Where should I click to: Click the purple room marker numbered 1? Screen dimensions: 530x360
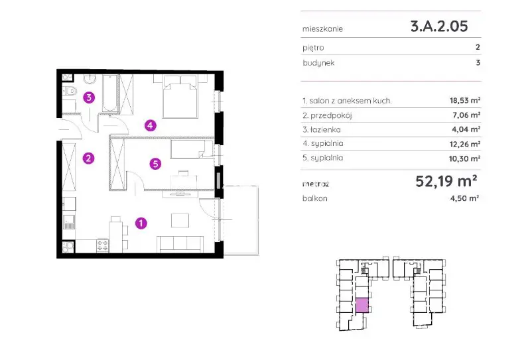[141, 223]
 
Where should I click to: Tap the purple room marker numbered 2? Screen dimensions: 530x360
[89, 158]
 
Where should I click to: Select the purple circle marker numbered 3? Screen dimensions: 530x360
[89, 97]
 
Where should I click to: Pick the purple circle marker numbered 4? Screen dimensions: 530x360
[151, 125]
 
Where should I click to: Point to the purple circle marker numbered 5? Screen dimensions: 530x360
[155, 164]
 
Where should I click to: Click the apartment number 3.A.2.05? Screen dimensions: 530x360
[439, 27]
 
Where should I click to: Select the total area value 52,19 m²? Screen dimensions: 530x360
[446, 181]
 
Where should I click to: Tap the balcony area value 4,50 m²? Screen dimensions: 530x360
[464, 198]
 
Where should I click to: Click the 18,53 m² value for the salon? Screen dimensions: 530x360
[465, 100]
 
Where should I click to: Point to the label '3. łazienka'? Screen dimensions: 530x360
[322, 130]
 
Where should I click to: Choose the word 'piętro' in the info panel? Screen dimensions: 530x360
[313, 48]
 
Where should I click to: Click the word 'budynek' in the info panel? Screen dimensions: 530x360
[318, 63]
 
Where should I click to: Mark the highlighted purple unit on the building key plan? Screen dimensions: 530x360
[362, 305]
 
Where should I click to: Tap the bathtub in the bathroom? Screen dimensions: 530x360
[110, 93]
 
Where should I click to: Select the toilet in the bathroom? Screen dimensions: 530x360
[70, 91]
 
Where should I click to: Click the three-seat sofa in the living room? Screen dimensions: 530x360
[180, 244]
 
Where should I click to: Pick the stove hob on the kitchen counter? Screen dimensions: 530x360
[102, 245]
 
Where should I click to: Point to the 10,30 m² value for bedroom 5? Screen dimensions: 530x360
[465, 158]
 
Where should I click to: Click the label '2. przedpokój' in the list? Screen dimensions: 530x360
[327, 115]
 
